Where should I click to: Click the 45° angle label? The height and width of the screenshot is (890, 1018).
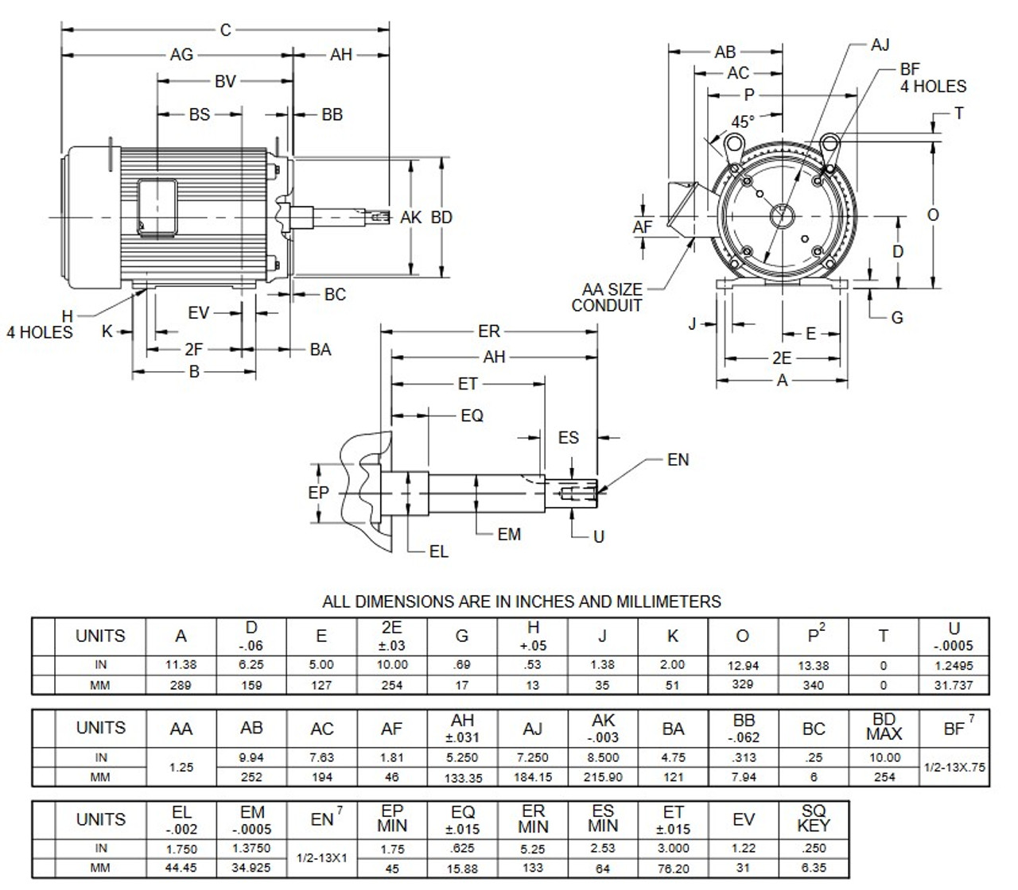(742, 122)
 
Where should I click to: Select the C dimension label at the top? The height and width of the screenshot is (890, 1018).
(225, 30)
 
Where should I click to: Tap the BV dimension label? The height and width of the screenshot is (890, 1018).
(225, 82)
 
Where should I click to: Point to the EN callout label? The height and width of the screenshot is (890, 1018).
(678, 460)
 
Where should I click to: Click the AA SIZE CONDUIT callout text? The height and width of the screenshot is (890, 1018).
(608, 297)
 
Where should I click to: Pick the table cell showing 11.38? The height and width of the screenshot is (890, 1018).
(181, 665)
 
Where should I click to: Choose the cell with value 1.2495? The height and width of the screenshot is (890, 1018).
(954, 665)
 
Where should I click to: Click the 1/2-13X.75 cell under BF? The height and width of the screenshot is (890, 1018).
(954, 767)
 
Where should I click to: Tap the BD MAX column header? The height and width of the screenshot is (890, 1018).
(884, 726)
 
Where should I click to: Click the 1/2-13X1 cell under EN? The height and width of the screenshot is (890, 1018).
(322, 857)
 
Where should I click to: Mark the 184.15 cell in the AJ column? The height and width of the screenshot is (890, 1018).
(532, 777)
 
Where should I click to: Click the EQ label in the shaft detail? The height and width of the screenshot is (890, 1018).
(472, 416)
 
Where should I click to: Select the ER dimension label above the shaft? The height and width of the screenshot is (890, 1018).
(488, 331)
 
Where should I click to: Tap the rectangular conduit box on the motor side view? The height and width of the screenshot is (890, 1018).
(157, 208)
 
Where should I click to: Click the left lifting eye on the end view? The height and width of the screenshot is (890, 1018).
(733, 145)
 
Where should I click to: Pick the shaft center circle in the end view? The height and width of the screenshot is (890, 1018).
(782, 216)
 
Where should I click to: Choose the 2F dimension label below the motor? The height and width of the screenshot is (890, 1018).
(193, 350)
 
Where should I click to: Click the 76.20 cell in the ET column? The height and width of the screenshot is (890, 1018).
(673, 869)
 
